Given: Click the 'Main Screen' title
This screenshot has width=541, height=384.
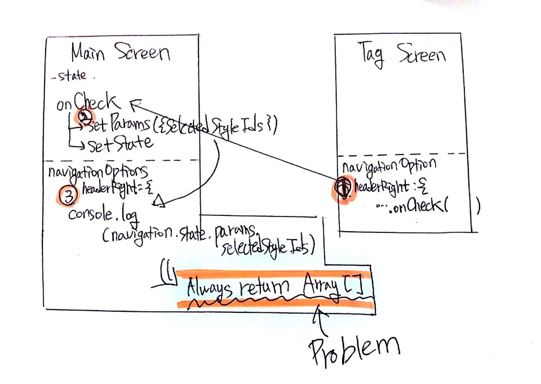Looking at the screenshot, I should pos(121,53).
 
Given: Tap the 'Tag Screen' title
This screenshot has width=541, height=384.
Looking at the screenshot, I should pos(402,55).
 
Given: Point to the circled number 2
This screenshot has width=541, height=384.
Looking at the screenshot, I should pos(85,117).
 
